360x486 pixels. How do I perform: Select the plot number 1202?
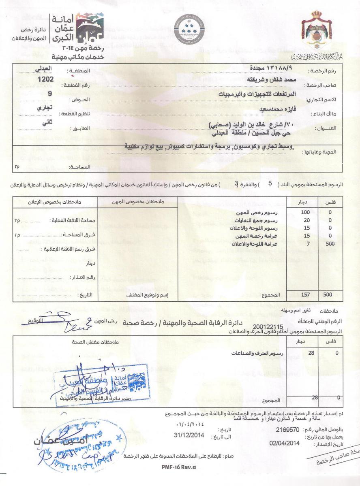pos(46,79)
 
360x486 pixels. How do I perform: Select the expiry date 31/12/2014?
pos(189,437)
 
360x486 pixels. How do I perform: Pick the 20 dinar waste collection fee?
pos(306,220)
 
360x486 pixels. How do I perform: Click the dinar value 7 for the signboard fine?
pos(309,244)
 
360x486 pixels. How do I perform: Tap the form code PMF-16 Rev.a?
pos(179,467)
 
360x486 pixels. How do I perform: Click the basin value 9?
pos(49,94)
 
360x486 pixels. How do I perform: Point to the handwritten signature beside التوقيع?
pos(69,320)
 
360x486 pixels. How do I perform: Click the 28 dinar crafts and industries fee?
pos(311,353)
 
